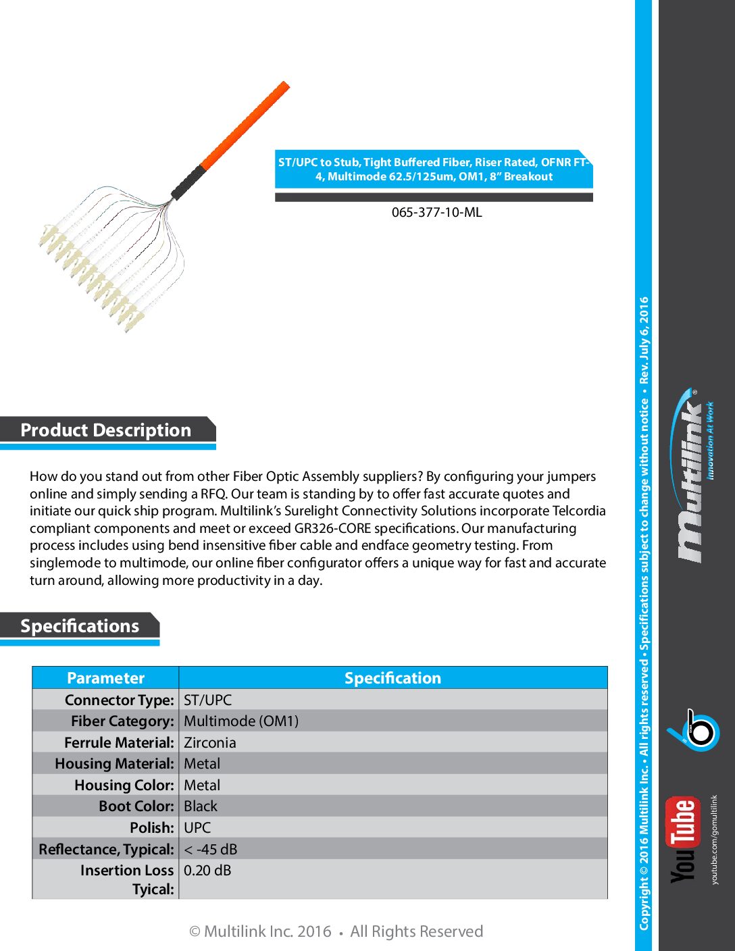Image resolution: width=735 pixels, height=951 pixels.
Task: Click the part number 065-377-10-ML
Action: [x=436, y=212]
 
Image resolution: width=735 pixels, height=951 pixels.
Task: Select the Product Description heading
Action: [x=106, y=430]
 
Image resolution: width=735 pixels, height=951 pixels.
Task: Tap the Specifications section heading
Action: [x=80, y=626]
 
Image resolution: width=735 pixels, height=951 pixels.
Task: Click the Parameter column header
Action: [x=105, y=678]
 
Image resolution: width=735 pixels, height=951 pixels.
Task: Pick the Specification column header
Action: [x=392, y=678]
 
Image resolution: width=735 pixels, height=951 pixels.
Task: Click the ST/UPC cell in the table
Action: [x=207, y=700]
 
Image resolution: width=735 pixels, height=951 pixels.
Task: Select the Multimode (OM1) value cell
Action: [x=241, y=721]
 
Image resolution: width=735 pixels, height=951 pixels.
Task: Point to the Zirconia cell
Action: [x=210, y=742]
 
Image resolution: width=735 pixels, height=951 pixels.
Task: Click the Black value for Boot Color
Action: [x=201, y=806]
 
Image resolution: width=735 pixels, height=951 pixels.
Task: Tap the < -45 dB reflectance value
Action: [x=211, y=849]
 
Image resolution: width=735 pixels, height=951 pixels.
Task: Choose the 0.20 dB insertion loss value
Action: [x=207, y=871]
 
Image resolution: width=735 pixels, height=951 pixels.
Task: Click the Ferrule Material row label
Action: [x=120, y=742]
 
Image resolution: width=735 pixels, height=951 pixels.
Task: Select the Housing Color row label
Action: [x=124, y=785]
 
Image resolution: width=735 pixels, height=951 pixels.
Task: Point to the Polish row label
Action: [x=152, y=827]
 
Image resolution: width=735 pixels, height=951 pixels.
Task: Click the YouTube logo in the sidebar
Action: [x=684, y=840]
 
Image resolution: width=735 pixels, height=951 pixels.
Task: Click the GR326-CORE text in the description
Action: [x=332, y=528]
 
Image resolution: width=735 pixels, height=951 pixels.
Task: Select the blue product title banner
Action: [x=434, y=169]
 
